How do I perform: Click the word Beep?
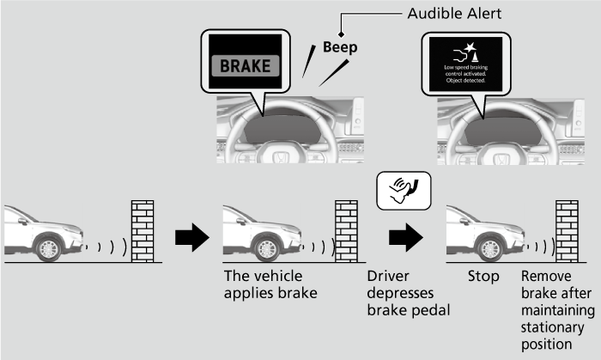(339, 48)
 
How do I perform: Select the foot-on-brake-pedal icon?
(404, 191)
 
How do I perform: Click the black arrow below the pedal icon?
(404, 237)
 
